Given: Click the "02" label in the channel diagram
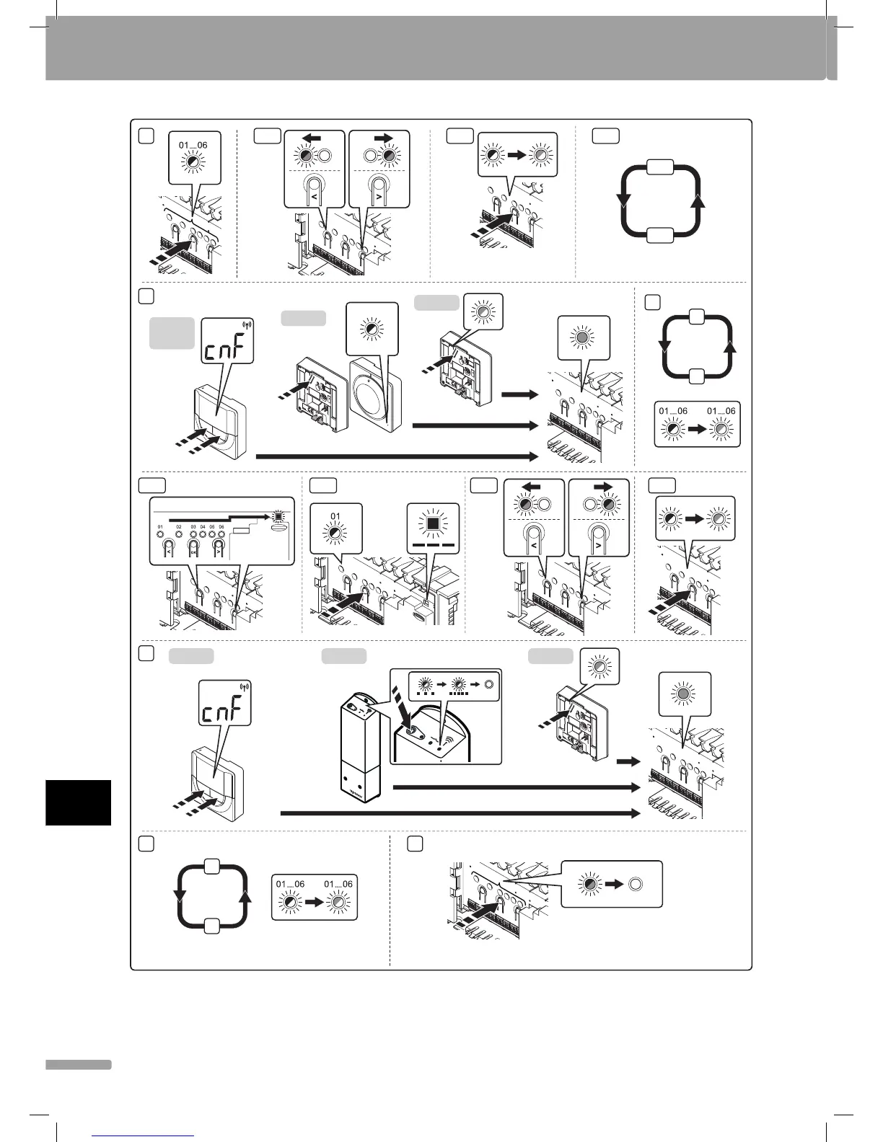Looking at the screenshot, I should tap(179, 528).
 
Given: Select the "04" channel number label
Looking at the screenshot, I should tap(203, 528).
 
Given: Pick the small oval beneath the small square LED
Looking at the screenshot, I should tap(280, 527).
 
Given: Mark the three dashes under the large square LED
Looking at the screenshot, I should tap(432, 545).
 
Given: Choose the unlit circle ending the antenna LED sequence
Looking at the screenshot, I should tap(490, 684).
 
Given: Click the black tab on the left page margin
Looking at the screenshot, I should tap(78, 802).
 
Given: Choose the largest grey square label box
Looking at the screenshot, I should tap(172, 333).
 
